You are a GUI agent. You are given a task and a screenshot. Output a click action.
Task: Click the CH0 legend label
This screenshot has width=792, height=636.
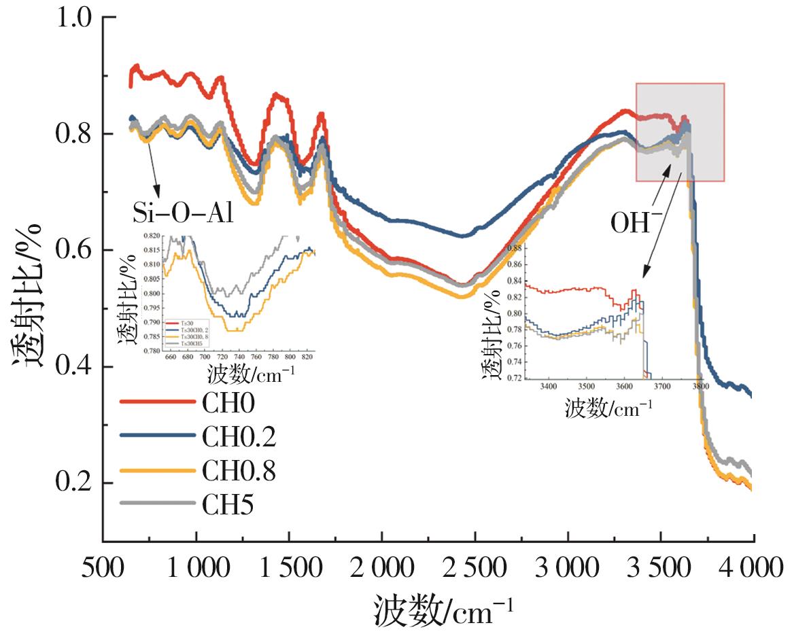(x=228, y=404)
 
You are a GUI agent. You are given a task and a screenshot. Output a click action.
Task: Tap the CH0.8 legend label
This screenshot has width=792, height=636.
(x=239, y=472)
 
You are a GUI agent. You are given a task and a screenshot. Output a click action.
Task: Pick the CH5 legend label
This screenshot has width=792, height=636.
(x=228, y=506)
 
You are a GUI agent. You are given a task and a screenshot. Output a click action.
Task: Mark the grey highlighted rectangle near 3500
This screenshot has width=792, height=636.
(x=680, y=132)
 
